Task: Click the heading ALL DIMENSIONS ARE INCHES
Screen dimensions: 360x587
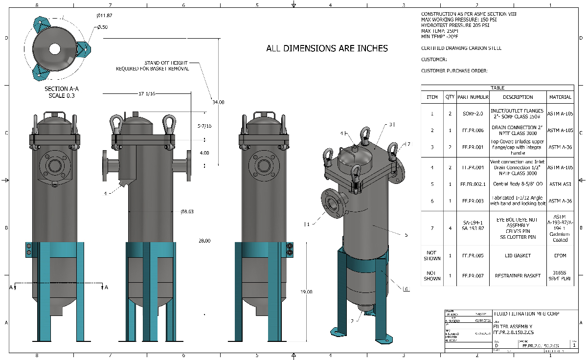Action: [x=327, y=48]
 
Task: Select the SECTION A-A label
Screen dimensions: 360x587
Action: [x=61, y=89]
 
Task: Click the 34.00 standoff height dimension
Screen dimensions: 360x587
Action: [x=218, y=102]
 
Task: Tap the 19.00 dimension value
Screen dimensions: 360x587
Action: [x=306, y=292]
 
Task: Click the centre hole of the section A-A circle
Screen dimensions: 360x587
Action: [x=54, y=49]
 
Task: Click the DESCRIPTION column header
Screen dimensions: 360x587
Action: [x=518, y=97]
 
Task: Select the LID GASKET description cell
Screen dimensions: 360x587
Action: [x=518, y=255]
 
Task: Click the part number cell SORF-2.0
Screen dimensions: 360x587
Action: [x=473, y=113]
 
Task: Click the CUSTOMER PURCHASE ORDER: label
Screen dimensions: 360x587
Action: [x=454, y=71]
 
